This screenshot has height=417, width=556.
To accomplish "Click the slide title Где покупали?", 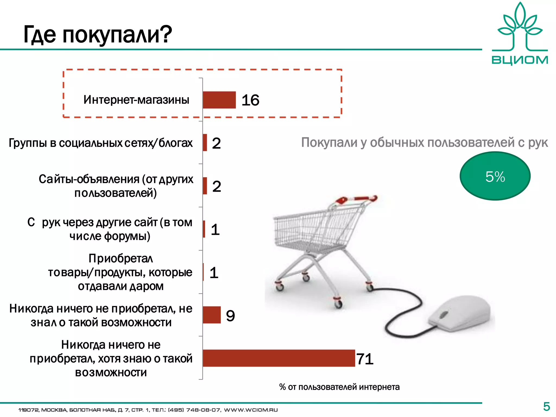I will click(98, 35).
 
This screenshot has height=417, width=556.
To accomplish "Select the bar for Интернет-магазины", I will click(219, 100).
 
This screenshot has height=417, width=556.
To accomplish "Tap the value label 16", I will click(250, 100).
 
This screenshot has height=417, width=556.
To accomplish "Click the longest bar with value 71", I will click(279, 358).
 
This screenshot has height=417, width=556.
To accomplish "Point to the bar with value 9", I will click(212, 315).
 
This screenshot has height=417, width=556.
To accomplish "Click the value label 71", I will click(365, 359).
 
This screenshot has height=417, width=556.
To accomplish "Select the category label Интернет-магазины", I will click(136, 100).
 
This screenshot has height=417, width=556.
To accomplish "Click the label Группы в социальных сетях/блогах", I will click(101, 143).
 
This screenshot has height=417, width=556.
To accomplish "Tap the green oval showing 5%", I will click(495, 176).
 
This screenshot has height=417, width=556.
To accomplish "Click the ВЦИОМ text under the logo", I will click(520, 60).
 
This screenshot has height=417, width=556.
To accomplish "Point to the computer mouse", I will click(459, 315).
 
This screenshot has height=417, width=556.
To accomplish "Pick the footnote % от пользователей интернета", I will click(339, 387).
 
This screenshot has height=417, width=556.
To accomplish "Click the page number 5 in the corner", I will click(546, 407).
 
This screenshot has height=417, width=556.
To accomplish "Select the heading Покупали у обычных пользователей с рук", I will click(424, 143).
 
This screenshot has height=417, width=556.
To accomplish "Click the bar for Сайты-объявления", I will click(205, 186).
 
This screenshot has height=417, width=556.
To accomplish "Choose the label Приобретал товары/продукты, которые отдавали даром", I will click(120, 272).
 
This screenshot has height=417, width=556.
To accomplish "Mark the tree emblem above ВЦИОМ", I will click(520, 27).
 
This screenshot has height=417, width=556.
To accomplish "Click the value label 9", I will click(230, 316).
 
